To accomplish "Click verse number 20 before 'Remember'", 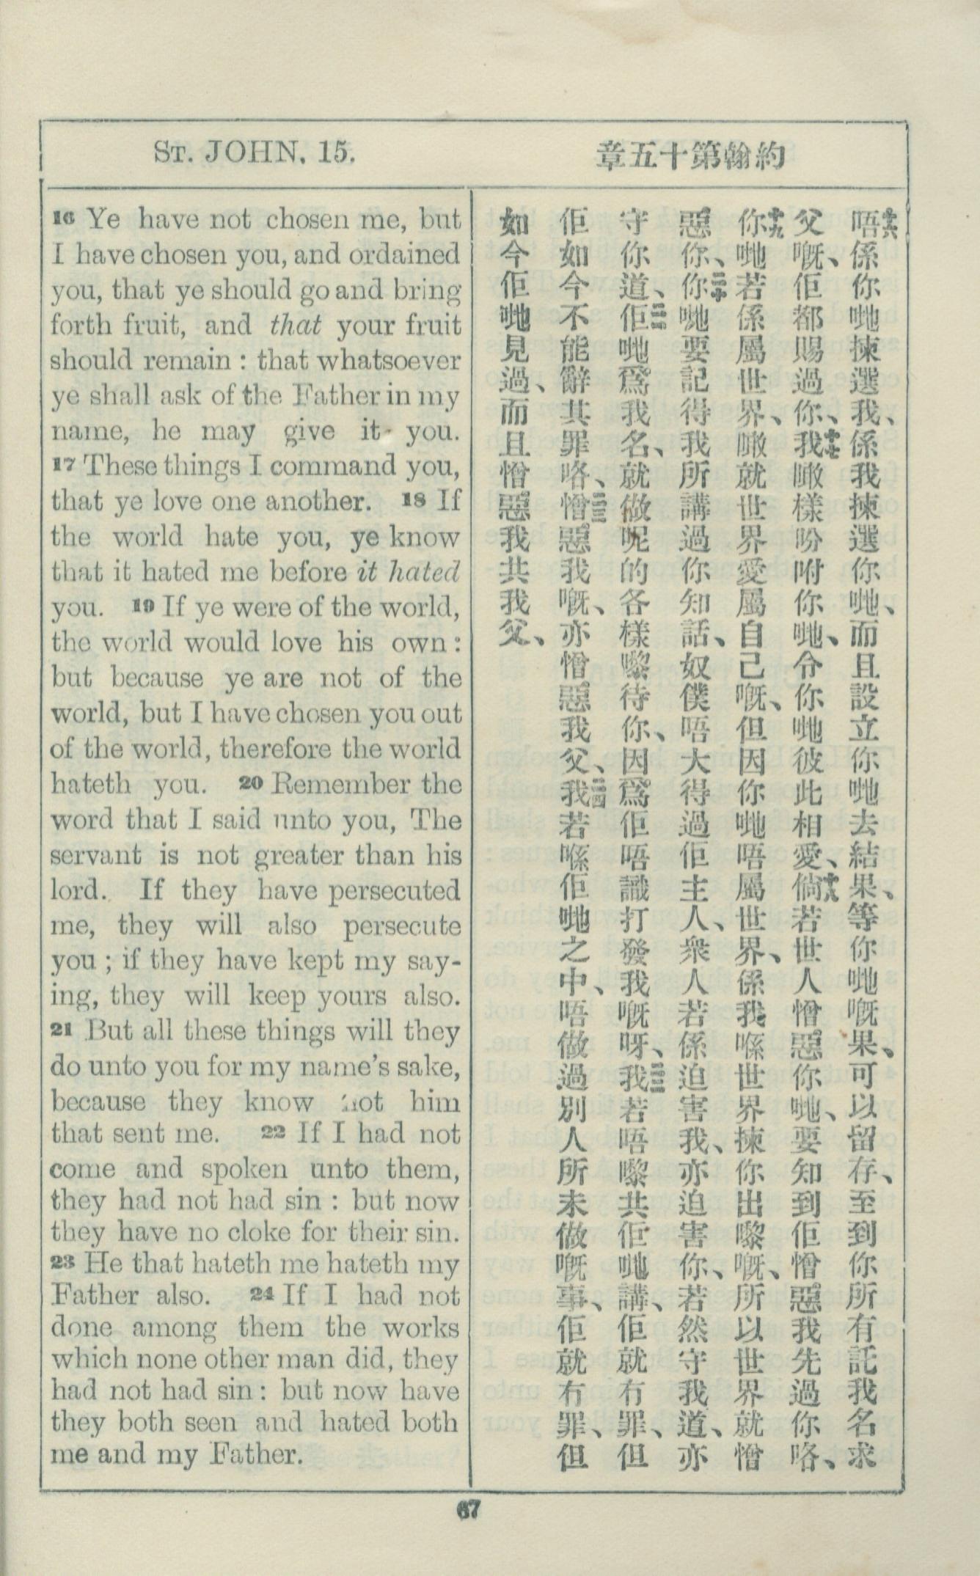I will [x=251, y=782].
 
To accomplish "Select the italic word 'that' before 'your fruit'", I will [x=296, y=326].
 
